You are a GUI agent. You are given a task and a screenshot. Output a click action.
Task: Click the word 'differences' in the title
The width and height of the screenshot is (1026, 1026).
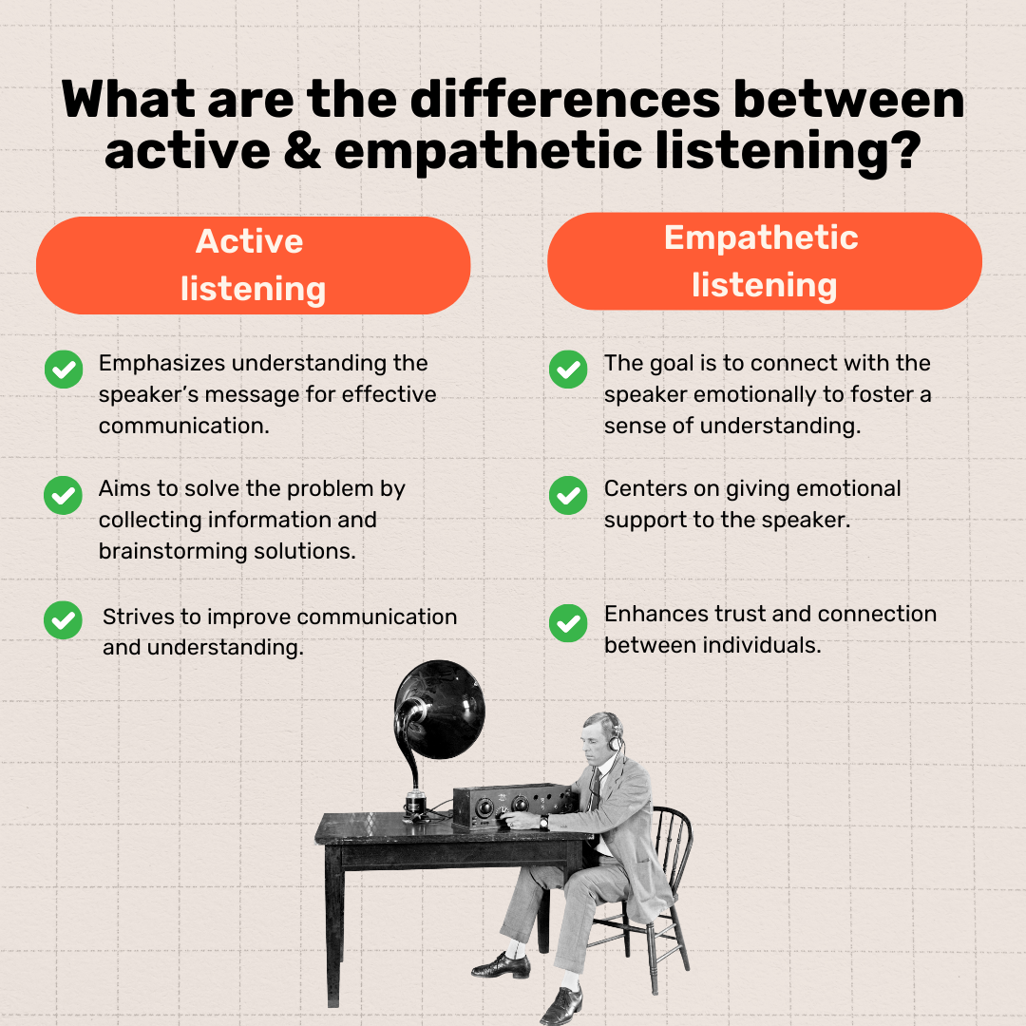coord(565,100)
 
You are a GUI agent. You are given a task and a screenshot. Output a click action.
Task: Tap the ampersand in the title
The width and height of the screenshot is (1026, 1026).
coord(302,151)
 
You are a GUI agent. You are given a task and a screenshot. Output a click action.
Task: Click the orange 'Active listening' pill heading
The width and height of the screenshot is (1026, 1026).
coord(254,266)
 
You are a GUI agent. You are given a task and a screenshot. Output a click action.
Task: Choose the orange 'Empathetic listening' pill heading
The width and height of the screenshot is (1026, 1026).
coord(764,261)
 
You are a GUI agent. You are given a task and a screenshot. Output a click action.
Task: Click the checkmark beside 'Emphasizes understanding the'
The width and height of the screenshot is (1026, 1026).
coord(64,369)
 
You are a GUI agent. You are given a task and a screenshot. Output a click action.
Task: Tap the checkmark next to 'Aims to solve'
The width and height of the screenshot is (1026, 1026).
coord(63,495)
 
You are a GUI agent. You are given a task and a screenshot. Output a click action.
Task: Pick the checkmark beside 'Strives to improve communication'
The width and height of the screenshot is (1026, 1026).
coord(63,620)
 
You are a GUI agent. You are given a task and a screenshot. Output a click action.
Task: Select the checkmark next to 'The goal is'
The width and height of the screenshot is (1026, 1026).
coord(568,369)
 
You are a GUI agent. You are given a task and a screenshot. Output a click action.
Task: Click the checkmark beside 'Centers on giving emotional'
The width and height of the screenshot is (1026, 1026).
coord(568,495)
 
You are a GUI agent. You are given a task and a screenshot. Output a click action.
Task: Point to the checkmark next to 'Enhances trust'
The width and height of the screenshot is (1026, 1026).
coord(568,623)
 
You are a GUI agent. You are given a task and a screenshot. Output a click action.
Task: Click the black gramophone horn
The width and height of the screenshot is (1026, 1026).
coord(439,710)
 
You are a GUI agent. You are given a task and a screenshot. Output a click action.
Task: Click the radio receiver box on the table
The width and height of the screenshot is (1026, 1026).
coord(511,806)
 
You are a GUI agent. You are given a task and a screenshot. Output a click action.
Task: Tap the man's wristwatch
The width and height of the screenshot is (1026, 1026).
coord(543,822)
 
